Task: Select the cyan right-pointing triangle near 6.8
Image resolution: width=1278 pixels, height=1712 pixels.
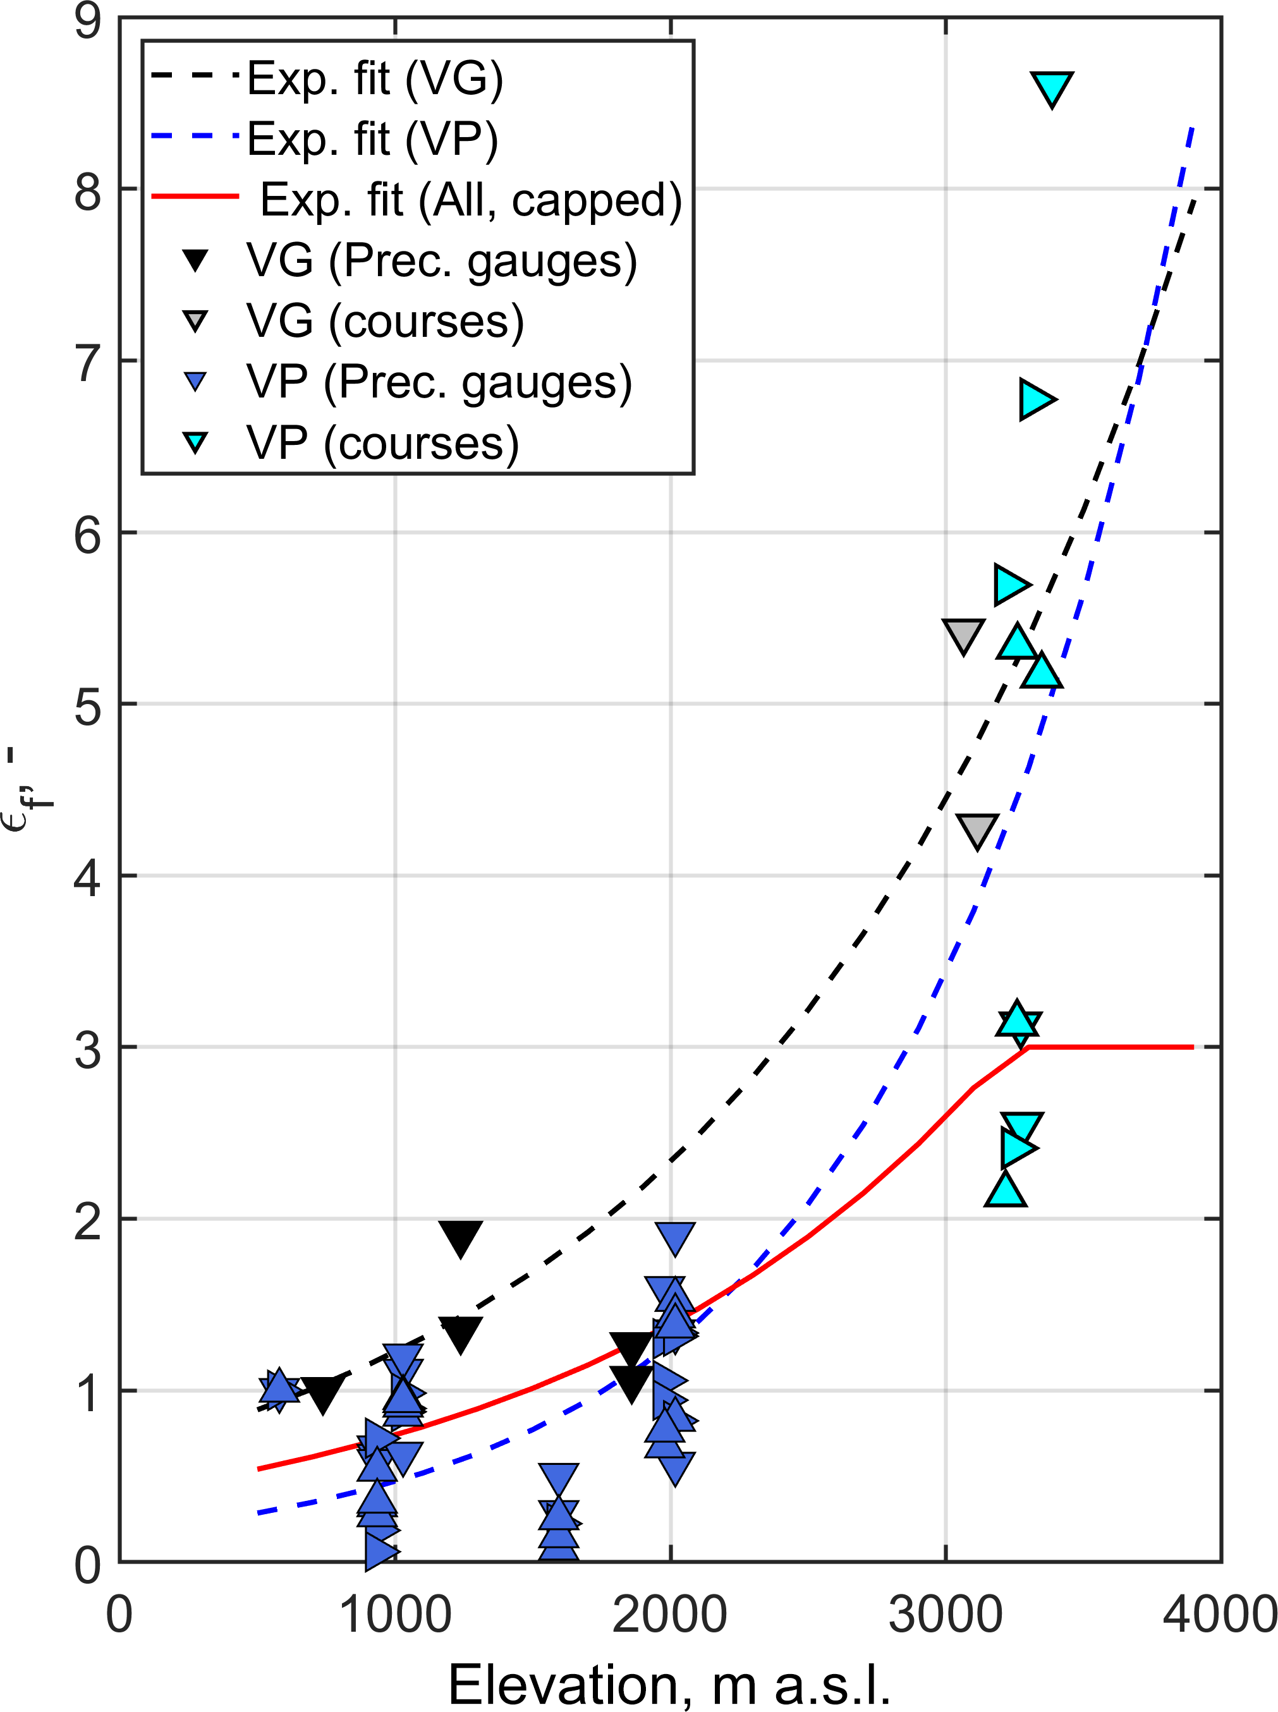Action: coord(1035,399)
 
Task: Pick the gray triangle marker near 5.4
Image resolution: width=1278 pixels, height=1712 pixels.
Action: coord(963,634)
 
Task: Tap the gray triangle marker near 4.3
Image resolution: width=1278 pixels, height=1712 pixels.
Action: coord(977,830)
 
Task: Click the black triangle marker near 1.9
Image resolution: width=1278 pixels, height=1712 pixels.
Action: coord(461,1238)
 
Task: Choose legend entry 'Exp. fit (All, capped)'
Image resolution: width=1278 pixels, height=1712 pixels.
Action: coord(470,200)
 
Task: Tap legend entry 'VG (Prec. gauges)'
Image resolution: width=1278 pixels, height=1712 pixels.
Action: coord(442,261)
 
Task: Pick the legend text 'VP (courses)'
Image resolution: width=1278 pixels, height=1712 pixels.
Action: coord(383,443)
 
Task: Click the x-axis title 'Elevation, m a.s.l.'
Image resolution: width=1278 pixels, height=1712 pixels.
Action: coord(669,1685)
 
